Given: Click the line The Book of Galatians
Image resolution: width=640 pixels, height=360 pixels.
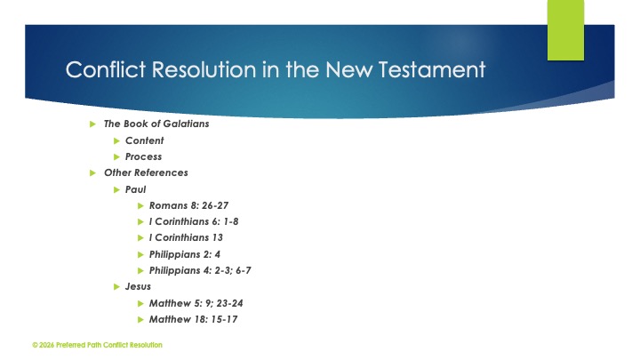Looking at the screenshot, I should click(x=156, y=124).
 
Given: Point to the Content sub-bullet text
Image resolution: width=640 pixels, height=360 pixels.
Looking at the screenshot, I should click(x=144, y=140).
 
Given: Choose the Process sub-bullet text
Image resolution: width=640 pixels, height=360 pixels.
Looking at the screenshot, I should click(x=143, y=156).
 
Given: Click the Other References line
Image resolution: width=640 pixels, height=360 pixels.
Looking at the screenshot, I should click(x=146, y=172).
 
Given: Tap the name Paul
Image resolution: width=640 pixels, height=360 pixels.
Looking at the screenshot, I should click(x=135, y=189).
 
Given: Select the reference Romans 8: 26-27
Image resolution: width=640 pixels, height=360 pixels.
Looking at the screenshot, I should click(x=188, y=205).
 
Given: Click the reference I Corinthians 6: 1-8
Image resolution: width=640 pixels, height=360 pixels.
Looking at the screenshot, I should click(x=194, y=221).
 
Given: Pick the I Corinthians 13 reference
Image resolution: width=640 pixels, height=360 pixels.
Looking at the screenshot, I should click(x=186, y=237).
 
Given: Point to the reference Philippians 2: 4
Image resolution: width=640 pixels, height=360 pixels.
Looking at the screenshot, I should click(x=185, y=253).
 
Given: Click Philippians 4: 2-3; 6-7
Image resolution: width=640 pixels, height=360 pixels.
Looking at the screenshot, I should click(x=206, y=270).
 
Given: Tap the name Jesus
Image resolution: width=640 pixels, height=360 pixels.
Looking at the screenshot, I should click(x=138, y=286).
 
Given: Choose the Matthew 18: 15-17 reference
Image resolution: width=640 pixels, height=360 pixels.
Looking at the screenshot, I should click(x=193, y=319).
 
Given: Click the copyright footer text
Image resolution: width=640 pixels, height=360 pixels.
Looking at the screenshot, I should click(x=97, y=345).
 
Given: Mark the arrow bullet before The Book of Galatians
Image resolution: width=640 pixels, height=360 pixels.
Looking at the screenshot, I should click(x=94, y=124).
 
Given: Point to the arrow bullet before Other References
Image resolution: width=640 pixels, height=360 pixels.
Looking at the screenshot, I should click(x=94, y=172).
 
